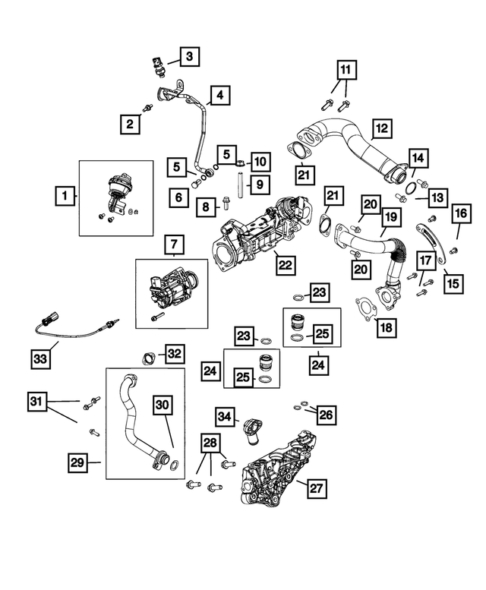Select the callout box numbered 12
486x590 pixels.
coord(380,128)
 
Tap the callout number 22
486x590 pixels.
coord(285,264)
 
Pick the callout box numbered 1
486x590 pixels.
coord(65,197)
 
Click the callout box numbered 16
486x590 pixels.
coord(462,215)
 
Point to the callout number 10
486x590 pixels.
coord(260,161)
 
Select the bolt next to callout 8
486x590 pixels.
coord(226,204)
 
